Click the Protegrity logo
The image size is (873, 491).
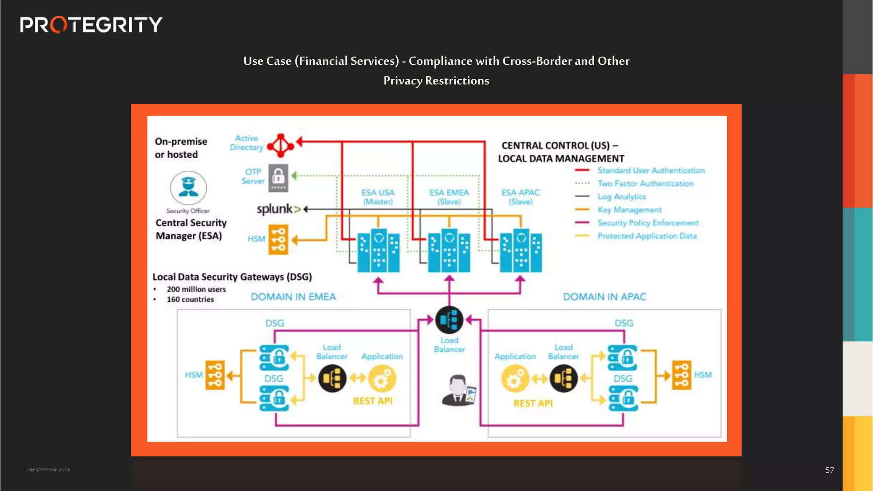click(x=91, y=25)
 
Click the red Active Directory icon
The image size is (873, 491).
click(x=280, y=145)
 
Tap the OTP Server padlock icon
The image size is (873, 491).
click(x=278, y=178)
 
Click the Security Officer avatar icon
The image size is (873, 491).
click(x=188, y=188)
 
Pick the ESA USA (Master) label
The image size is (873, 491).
click(x=378, y=197)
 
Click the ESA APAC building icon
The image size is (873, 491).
click(x=520, y=251)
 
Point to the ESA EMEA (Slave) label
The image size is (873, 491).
click(x=449, y=197)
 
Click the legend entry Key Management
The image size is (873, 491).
click(x=629, y=210)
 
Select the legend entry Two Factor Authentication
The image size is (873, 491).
click(x=645, y=184)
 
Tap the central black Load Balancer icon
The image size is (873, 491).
click(x=449, y=320)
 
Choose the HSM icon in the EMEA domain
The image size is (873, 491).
click(x=215, y=375)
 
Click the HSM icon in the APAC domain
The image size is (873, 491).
click(x=681, y=375)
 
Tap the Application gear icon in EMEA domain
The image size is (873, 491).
click(x=382, y=378)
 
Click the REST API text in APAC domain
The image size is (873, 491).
click(x=533, y=403)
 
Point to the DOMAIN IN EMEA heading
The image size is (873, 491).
click(x=293, y=297)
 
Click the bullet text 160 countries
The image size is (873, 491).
click(x=190, y=300)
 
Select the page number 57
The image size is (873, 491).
click(x=829, y=470)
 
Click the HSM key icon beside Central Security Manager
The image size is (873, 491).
click(x=278, y=240)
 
